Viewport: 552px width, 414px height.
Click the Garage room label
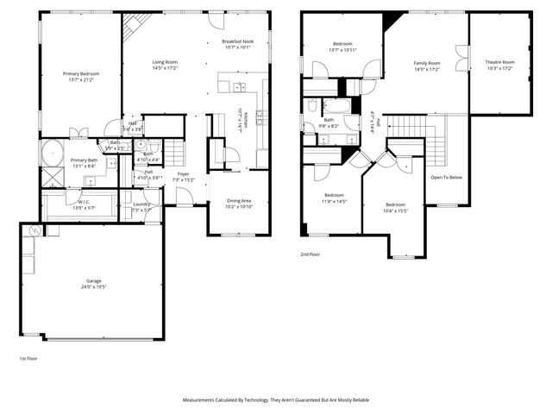93,281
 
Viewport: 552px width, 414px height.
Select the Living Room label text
165,64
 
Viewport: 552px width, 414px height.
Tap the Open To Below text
447,177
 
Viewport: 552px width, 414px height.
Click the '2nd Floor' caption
310,255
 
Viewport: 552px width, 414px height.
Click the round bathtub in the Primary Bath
52,153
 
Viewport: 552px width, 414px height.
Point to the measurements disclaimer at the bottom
276,400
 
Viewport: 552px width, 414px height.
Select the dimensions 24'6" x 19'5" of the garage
93,286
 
